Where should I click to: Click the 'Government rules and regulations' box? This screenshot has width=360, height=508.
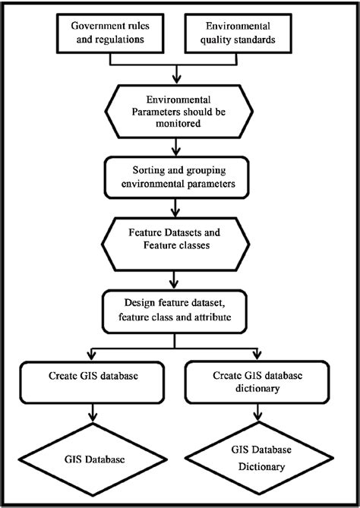pos(110,33)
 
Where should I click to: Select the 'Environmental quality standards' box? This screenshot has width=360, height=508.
pos(238,33)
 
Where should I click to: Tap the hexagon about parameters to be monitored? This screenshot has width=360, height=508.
pos(179,112)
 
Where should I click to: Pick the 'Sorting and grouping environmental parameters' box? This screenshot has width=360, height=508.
pos(177,177)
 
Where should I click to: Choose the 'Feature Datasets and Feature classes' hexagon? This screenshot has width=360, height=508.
pos(175,245)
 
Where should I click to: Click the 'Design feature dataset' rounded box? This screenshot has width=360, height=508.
pos(175,311)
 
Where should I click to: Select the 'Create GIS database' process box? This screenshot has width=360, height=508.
pos(93,382)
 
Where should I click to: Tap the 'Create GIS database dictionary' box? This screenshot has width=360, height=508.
pos(257,382)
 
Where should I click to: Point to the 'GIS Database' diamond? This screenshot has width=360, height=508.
pos(93,459)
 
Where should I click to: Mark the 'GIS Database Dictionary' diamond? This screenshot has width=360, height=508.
pos(259,458)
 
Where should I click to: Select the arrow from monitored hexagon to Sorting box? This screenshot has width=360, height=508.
pos(176,147)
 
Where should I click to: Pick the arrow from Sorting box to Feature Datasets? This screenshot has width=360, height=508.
pos(175,208)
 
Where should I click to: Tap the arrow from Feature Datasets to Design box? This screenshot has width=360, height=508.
pos(175,280)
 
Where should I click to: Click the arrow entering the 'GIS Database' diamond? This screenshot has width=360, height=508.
pos(93,413)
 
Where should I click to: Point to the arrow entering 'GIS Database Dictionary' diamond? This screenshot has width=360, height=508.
pos(258,412)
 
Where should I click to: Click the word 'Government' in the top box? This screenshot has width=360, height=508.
pos(92,26)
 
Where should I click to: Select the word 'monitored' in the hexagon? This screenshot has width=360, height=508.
pos(178,124)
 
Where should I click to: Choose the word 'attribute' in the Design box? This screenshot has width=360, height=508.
pos(213,317)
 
